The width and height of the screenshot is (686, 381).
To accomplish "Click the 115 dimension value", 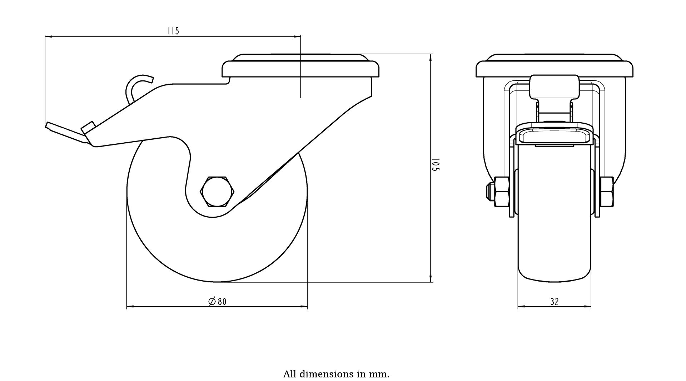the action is coord(173,31).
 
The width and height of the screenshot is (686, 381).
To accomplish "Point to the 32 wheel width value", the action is coord(554,302).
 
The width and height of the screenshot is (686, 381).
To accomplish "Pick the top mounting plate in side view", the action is coord(300,66).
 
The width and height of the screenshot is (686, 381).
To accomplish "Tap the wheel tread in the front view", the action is coord(554,214).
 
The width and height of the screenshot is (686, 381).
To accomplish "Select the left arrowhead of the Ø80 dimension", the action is coord(131,307).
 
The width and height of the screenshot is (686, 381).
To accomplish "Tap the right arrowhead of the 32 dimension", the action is coord(587,307).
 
